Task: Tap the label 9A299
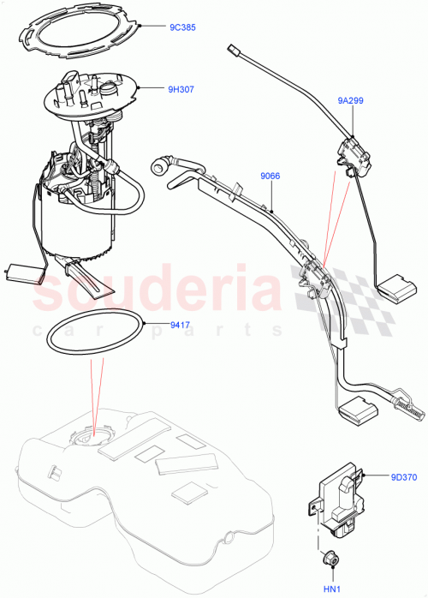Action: click(351, 100)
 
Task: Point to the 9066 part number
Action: click(270, 176)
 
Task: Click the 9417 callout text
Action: click(180, 325)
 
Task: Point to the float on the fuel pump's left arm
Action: click(24, 273)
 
